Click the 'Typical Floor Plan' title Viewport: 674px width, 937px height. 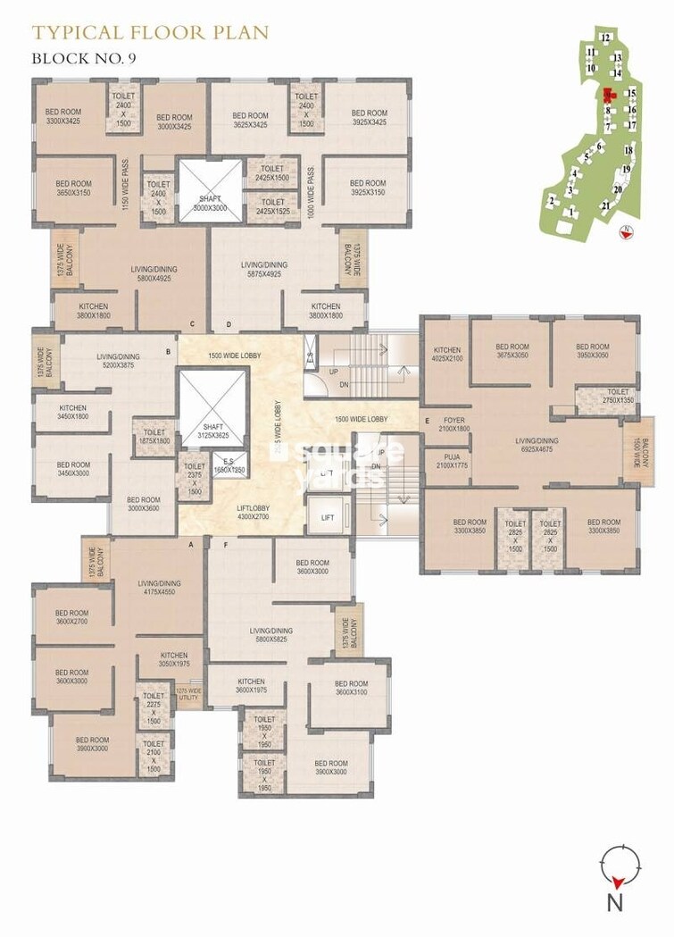(x=150, y=34)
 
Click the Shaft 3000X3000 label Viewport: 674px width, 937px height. (x=211, y=202)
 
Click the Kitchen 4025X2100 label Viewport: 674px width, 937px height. (x=446, y=355)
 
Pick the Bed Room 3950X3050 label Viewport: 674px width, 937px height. (x=592, y=352)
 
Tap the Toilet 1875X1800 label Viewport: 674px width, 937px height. (x=154, y=436)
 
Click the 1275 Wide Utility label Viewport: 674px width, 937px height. (x=188, y=694)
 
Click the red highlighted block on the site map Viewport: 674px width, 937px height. (x=609, y=95)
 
